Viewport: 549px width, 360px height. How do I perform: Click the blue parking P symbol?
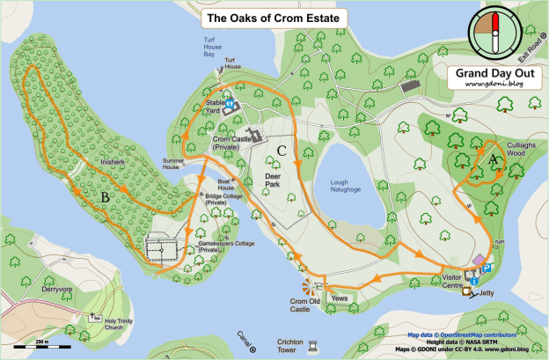[488, 268]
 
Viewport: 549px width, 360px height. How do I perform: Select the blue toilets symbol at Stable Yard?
[229, 104]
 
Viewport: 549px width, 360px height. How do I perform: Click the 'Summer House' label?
[177, 165]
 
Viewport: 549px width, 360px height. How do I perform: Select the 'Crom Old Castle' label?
[305, 304]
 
